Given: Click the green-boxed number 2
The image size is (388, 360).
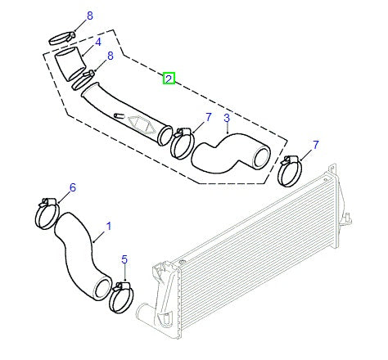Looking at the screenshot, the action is pyautogui.click(x=169, y=79).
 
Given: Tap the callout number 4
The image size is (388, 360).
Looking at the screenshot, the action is pyautogui.click(x=98, y=43).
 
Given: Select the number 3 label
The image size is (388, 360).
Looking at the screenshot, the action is pyautogui.click(x=227, y=119).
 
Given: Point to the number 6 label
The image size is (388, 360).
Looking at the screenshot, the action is pyautogui.click(x=73, y=187).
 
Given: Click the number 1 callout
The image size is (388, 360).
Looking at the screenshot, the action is pyautogui.click(x=109, y=227).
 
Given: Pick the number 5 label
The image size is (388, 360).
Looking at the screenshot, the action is pyautogui.click(x=124, y=259).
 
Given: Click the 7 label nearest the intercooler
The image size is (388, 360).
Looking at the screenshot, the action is pyautogui.click(x=316, y=145).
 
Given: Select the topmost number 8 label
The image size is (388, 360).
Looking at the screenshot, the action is pyautogui.click(x=90, y=16).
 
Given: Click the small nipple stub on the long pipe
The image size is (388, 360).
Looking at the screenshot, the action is pyautogui.click(x=119, y=115).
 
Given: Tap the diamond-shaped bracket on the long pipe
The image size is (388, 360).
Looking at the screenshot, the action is pyautogui.click(x=141, y=124).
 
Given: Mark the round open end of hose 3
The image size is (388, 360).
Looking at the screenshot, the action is pyautogui.click(x=261, y=158).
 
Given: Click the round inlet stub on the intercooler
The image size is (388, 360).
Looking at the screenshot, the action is pyautogui.click(x=142, y=311).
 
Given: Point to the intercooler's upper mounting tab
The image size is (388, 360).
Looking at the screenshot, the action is pyautogui.click(x=332, y=169).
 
